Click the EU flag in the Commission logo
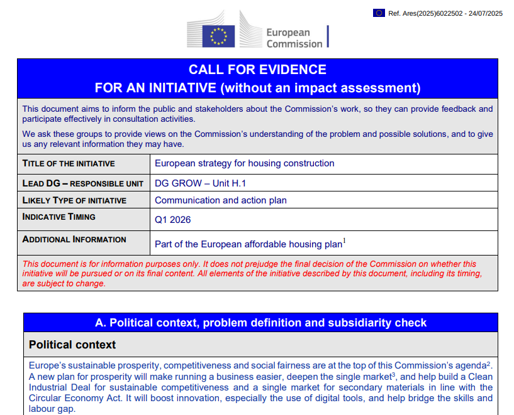point(218,36)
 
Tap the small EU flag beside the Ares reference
point(379,13)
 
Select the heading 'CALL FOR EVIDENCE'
point(257,70)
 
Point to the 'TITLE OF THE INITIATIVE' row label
point(69,163)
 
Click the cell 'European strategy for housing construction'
point(245,163)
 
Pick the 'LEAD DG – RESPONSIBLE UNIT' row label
point(74,183)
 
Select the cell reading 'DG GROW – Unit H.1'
point(200,183)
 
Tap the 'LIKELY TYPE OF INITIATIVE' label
point(74,201)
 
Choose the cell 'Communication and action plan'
point(221,201)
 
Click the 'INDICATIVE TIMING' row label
point(59,217)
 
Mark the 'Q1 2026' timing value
point(173,220)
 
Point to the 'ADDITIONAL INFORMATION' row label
point(74,240)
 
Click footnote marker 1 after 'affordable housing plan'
point(345,240)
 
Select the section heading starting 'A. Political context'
point(260,323)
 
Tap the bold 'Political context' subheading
point(72,345)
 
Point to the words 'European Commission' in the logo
point(294,38)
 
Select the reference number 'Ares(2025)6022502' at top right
point(433,13)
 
